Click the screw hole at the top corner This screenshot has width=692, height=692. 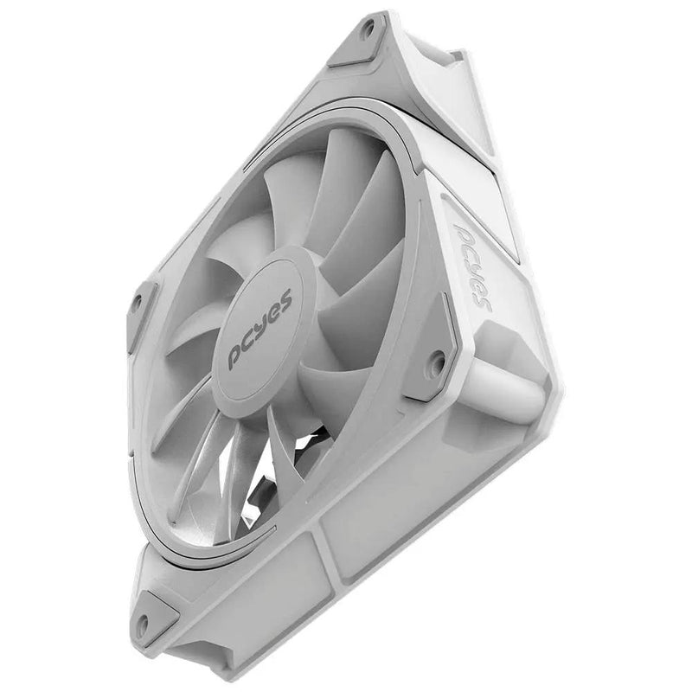pos(368,29)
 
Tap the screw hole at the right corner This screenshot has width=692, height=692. pos(438,357)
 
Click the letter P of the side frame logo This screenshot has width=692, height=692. pos(464,234)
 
